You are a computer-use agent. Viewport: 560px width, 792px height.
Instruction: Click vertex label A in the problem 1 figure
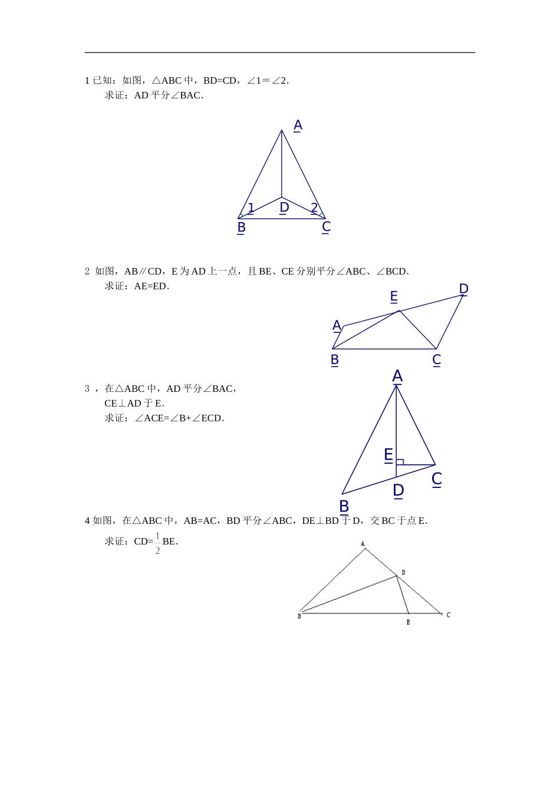pyautogui.click(x=298, y=126)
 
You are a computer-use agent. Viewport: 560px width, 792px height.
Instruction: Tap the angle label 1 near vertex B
pyautogui.click(x=251, y=207)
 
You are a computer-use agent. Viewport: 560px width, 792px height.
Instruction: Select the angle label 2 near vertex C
pyautogui.click(x=314, y=207)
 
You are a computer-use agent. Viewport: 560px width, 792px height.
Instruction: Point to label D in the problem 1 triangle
pyautogui.click(x=284, y=207)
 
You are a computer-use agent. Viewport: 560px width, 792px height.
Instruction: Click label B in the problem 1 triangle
pyautogui.click(x=241, y=227)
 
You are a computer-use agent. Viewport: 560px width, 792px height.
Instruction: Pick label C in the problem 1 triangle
pyautogui.click(x=326, y=227)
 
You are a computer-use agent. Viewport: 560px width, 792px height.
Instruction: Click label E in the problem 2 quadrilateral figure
pyautogui.click(x=394, y=296)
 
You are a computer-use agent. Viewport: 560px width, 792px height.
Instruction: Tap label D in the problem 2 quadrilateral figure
pyautogui.click(x=463, y=289)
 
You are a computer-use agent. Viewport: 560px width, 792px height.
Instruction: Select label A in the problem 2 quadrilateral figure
pyautogui.click(x=337, y=325)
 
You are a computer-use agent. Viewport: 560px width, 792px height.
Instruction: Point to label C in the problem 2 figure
pyautogui.click(x=437, y=360)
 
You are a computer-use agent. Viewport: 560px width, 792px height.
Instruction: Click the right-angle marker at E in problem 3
pyautogui.click(x=400, y=461)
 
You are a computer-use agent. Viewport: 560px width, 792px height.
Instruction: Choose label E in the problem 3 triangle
pyautogui.click(x=388, y=455)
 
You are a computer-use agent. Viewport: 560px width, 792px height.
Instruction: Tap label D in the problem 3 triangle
pyautogui.click(x=398, y=490)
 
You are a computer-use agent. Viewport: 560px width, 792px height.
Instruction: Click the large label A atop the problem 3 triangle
pyautogui.click(x=397, y=376)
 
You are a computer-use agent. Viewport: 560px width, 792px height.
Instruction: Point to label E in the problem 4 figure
pyautogui.click(x=409, y=622)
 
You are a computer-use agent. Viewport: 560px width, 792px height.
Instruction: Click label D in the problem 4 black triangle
pyautogui.click(x=403, y=572)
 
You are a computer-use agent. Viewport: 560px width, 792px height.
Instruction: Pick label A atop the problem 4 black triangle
pyautogui.click(x=363, y=544)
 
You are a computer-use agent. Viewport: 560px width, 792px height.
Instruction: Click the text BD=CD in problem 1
pyautogui.click(x=220, y=81)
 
